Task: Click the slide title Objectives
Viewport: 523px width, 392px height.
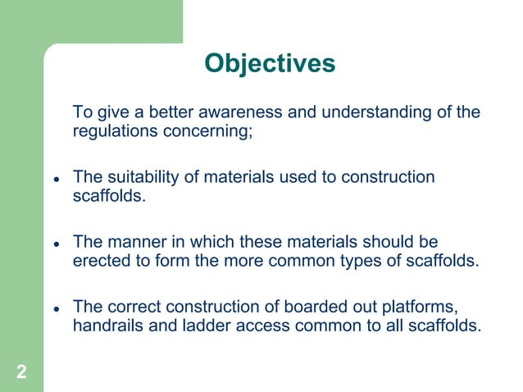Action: pos(270,63)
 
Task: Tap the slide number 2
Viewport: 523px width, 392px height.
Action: pos(21,373)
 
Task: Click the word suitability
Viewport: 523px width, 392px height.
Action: pos(147,178)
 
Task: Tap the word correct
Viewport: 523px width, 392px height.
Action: pos(135,307)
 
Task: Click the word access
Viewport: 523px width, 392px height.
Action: pos(262,326)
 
